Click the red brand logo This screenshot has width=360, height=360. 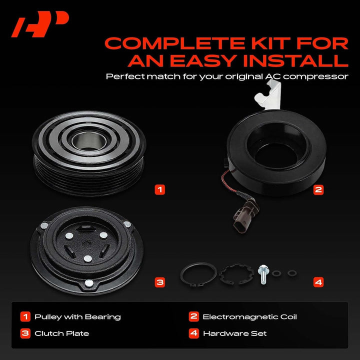coord(40,24)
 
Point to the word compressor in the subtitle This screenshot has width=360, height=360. coord(315,77)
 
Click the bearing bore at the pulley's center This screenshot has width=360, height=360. coord(89,141)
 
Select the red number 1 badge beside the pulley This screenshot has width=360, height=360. coord(160,189)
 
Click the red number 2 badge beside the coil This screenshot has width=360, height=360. coord(318,189)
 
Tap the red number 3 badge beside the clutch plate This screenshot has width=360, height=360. coord(160,282)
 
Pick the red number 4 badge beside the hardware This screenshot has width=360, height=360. coord(318,282)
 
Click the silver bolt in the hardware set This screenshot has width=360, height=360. coord(263,274)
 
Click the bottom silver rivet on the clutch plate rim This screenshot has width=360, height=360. coord(89,283)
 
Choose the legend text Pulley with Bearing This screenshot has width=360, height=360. coord(77,317)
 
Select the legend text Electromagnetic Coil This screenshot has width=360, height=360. coord(250,317)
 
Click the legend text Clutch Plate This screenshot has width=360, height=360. coord(62,333)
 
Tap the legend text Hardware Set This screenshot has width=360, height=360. coord(235,333)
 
